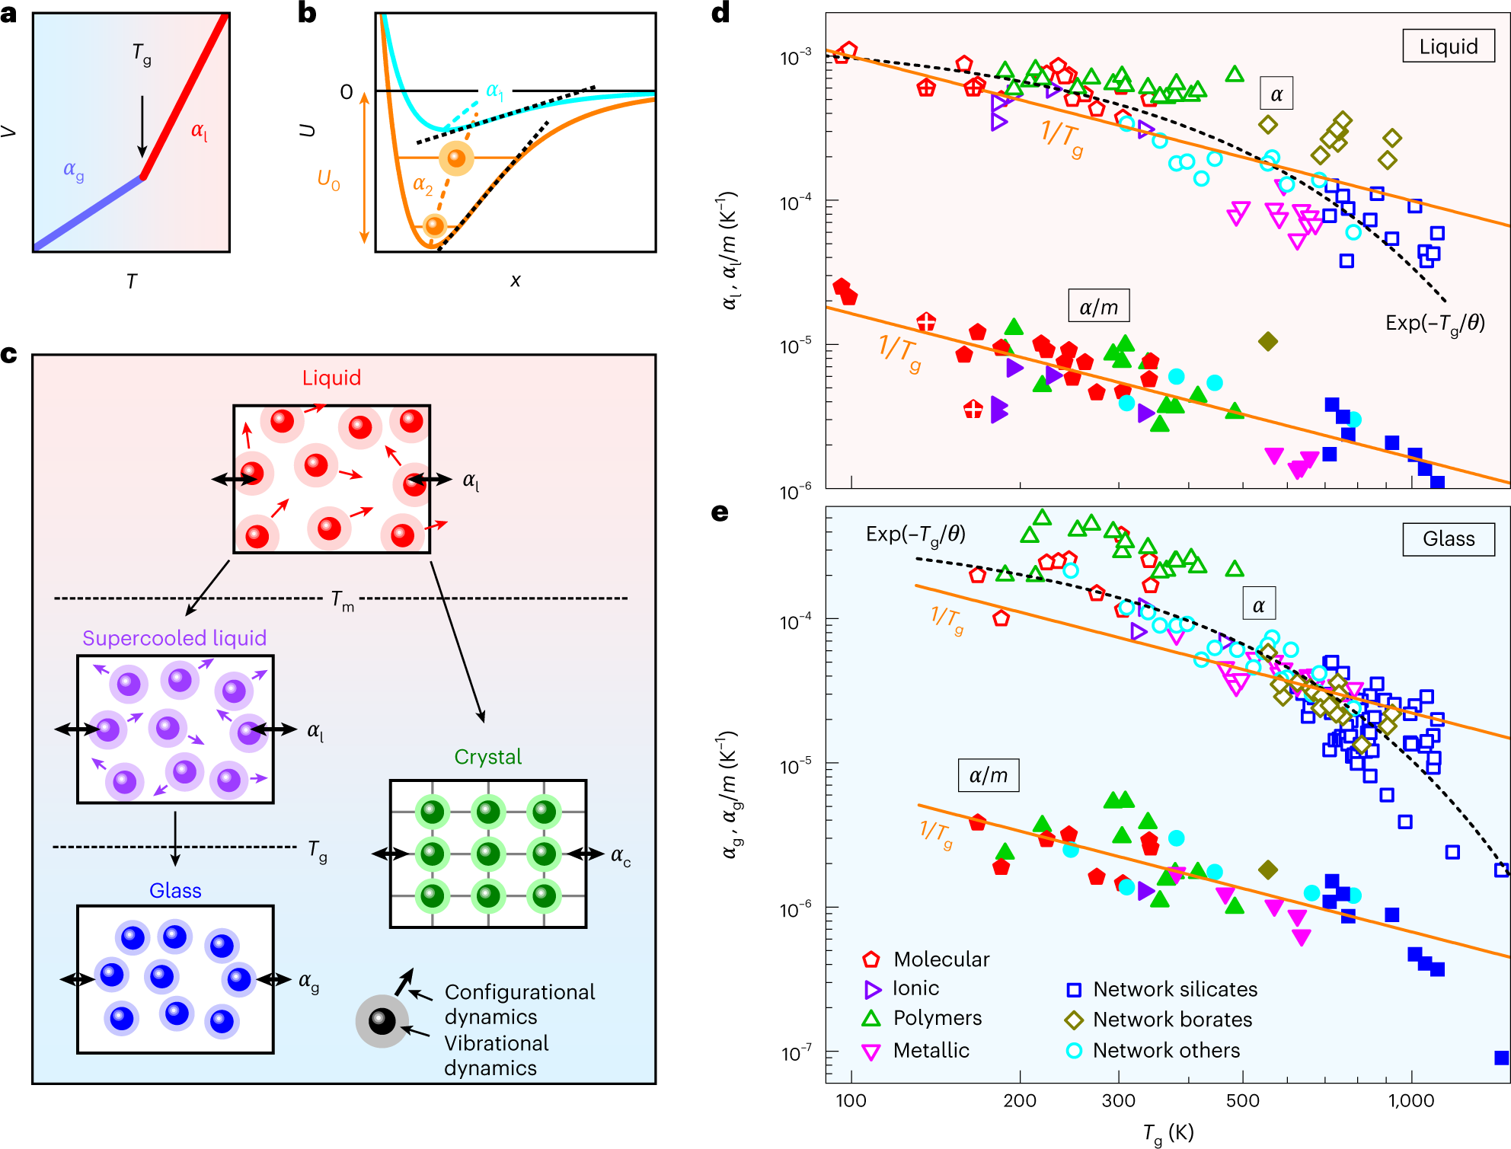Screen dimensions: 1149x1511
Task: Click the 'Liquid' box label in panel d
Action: (x=1448, y=47)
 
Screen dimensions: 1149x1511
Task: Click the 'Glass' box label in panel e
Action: (x=1448, y=539)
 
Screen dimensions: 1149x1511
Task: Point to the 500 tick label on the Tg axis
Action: (x=1242, y=1100)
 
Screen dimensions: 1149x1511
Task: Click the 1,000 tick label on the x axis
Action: (x=1410, y=1100)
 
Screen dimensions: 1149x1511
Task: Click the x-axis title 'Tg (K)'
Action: (x=1168, y=1133)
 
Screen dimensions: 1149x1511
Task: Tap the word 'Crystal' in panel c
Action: (x=487, y=757)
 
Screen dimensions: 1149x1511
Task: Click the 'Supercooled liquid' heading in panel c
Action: (x=174, y=638)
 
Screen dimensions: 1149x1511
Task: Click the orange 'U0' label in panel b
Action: (x=328, y=180)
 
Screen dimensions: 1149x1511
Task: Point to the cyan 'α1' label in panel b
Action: (x=494, y=91)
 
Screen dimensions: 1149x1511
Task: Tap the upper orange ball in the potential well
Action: (x=456, y=158)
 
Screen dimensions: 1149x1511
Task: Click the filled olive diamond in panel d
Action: (x=1267, y=341)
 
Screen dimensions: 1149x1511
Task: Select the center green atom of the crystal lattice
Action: (x=488, y=854)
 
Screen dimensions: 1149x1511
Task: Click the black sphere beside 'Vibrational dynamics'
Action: (x=382, y=1021)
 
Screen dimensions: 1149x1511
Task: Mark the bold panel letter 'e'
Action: (x=720, y=512)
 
